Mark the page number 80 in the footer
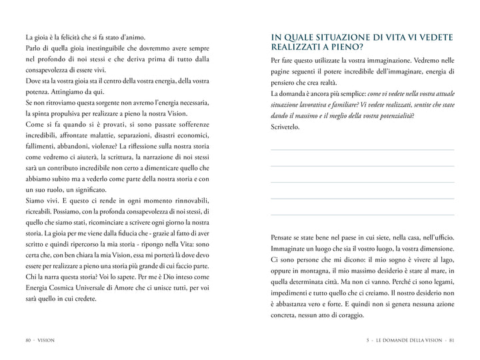click(27, 340)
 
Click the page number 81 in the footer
click(451, 340)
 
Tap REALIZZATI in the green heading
click(297, 47)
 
